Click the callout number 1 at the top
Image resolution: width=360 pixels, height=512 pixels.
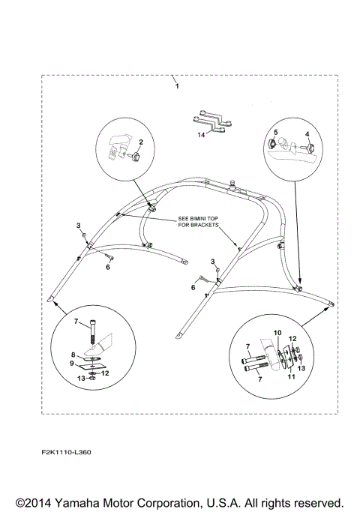[x=177, y=86]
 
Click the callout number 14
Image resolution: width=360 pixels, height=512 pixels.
[x=201, y=134]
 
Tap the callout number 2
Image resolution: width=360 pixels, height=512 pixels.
[x=141, y=142]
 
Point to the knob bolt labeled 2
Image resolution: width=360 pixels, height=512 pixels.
[x=134, y=157]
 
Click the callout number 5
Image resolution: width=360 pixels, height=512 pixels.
[x=276, y=132]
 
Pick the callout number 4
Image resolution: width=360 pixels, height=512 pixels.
[x=307, y=134]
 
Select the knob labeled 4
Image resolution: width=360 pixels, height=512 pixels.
[x=309, y=148]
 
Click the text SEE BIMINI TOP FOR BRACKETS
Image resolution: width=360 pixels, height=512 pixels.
[x=198, y=222]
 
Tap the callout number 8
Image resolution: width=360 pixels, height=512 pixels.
[x=73, y=355]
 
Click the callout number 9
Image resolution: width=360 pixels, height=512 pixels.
[x=72, y=363]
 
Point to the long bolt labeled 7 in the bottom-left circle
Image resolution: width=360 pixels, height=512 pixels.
[x=94, y=331]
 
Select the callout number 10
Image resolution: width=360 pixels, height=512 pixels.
[x=277, y=333]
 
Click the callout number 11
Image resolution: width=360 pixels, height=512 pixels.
[x=291, y=376]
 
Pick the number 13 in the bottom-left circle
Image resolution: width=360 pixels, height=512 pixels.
[x=81, y=378]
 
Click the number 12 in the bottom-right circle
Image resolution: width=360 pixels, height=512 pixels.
[x=292, y=339]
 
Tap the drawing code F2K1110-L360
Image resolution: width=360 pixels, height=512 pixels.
[x=66, y=452]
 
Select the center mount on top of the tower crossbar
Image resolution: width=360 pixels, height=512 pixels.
[x=232, y=185]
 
